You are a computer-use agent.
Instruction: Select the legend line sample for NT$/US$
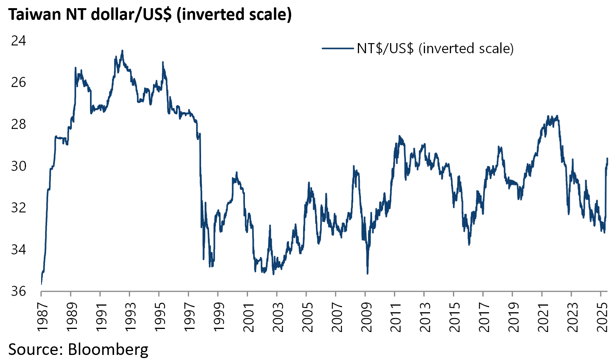[338, 49]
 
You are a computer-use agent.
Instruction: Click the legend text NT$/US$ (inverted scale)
[435, 49]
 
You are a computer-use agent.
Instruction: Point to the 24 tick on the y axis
[18, 40]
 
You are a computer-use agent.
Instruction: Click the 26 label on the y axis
[18, 82]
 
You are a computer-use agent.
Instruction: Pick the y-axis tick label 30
[18, 166]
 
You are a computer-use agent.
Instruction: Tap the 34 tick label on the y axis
[18, 249]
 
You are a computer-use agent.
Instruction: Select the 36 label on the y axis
[18, 291]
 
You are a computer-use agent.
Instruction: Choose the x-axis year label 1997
[189, 318]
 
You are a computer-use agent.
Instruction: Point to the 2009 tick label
[366, 318]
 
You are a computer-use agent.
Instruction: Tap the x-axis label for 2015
[454, 318]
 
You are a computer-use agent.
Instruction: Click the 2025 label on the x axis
[601, 318]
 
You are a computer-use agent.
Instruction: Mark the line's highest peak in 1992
[122, 50]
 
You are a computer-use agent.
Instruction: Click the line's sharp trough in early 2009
[367, 273]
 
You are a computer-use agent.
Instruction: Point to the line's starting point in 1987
[41, 284]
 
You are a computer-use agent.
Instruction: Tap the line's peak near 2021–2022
[557, 116]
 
